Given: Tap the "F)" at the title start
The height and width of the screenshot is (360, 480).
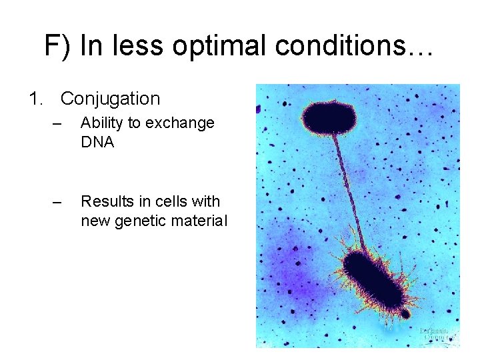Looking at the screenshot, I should [x=58, y=47].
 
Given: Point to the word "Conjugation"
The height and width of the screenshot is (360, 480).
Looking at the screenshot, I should [x=110, y=99].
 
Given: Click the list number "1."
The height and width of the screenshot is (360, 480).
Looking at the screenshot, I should [x=37, y=99].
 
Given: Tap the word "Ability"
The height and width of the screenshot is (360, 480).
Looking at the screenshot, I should [x=101, y=123].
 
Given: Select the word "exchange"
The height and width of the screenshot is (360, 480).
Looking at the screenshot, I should [x=180, y=123].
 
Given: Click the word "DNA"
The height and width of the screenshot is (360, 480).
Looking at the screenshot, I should [x=97, y=142].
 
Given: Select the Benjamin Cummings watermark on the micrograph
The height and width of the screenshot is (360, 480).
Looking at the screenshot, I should [x=437, y=334].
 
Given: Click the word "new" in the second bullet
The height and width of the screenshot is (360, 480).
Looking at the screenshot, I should [x=94, y=220].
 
